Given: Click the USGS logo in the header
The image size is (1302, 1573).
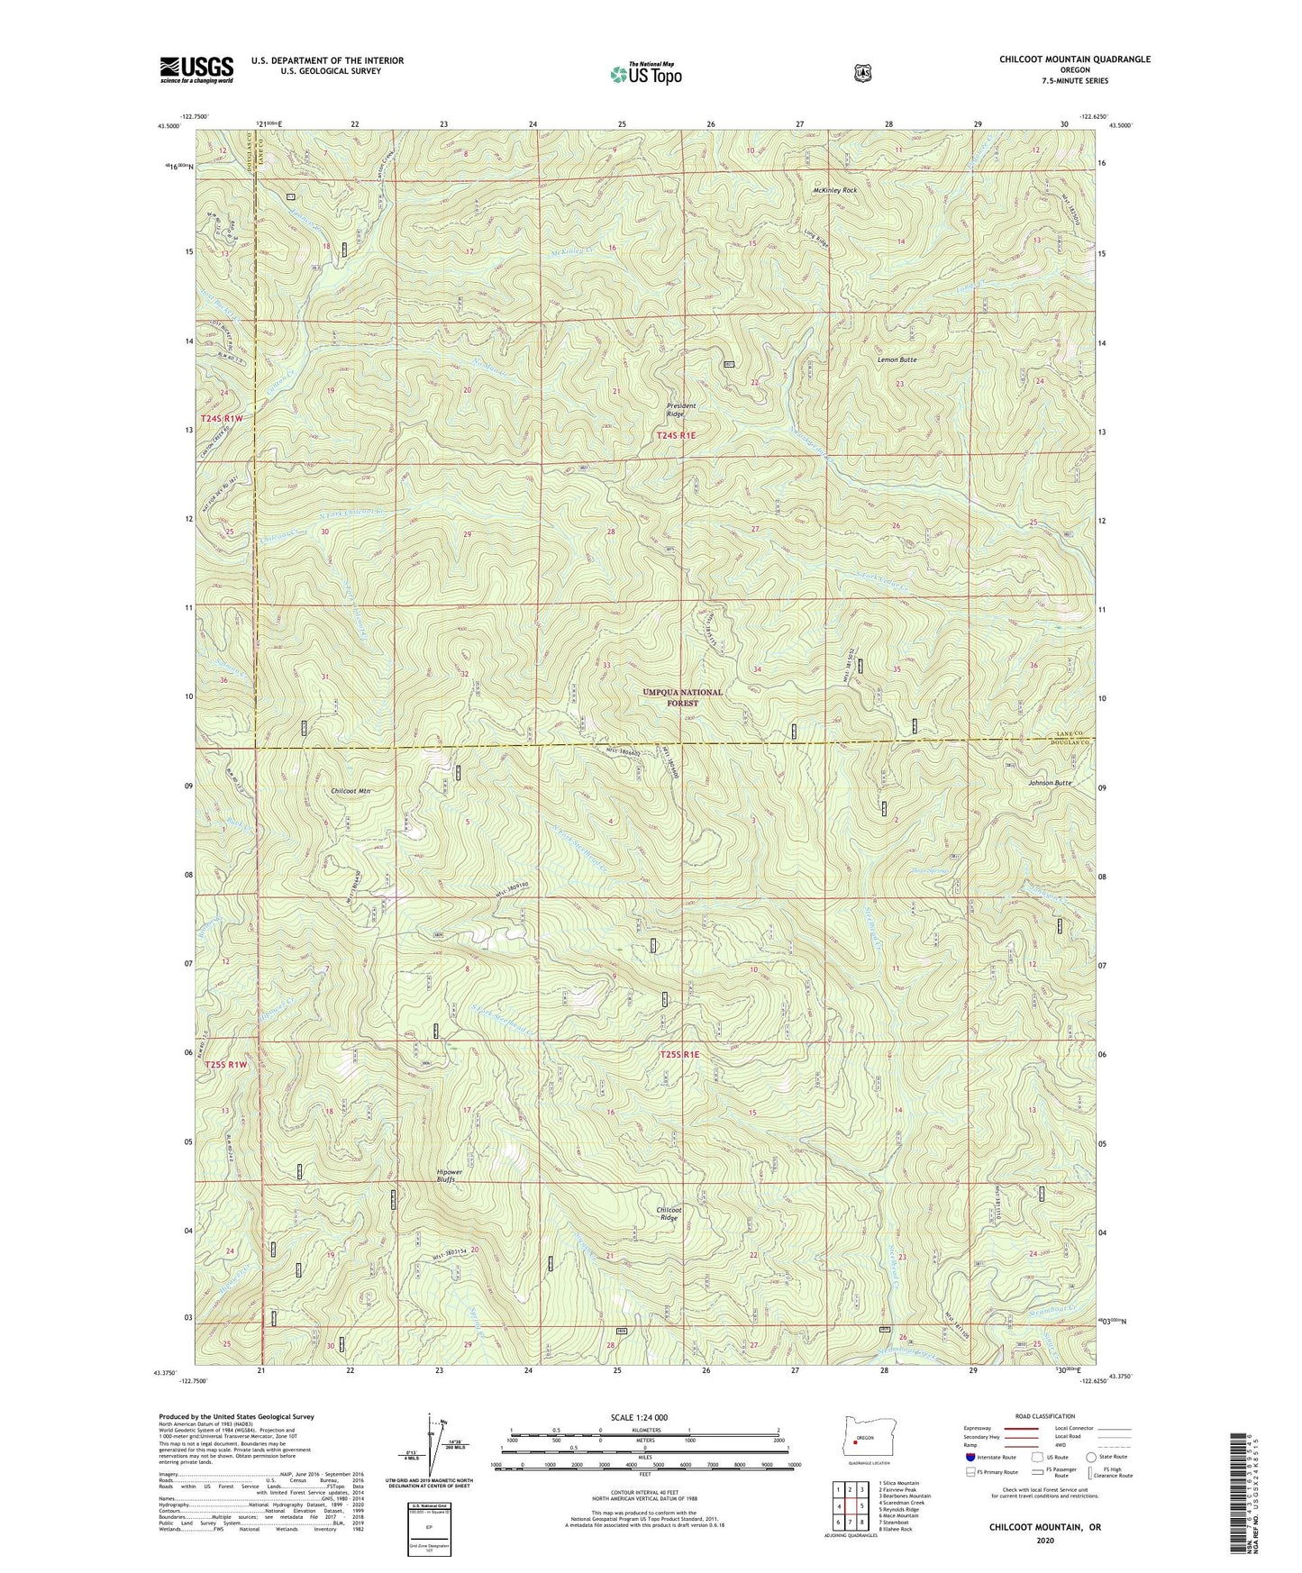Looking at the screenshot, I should pyautogui.click(x=196, y=69).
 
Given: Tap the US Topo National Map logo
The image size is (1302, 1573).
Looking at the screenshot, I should pyautogui.click(x=644, y=73).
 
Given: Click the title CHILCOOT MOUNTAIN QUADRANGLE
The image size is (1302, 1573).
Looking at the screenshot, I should pyautogui.click(x=1074, y=59).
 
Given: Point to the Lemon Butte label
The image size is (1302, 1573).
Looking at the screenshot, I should pyautogui.click(x=897, y=359).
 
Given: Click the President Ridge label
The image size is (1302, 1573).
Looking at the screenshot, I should pyautogui.click(x=681, y=410).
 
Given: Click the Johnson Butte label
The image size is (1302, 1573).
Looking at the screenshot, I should pyautogui.click(x=1050, y=783).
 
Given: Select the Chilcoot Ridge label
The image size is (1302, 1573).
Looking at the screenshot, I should pyautogui.click(x=668, y=1214).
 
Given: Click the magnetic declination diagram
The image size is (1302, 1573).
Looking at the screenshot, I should pyautogui.click(x=431, y=1449).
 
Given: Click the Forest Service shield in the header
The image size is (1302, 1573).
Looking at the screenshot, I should pyautogui.click(x=862, y=72).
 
